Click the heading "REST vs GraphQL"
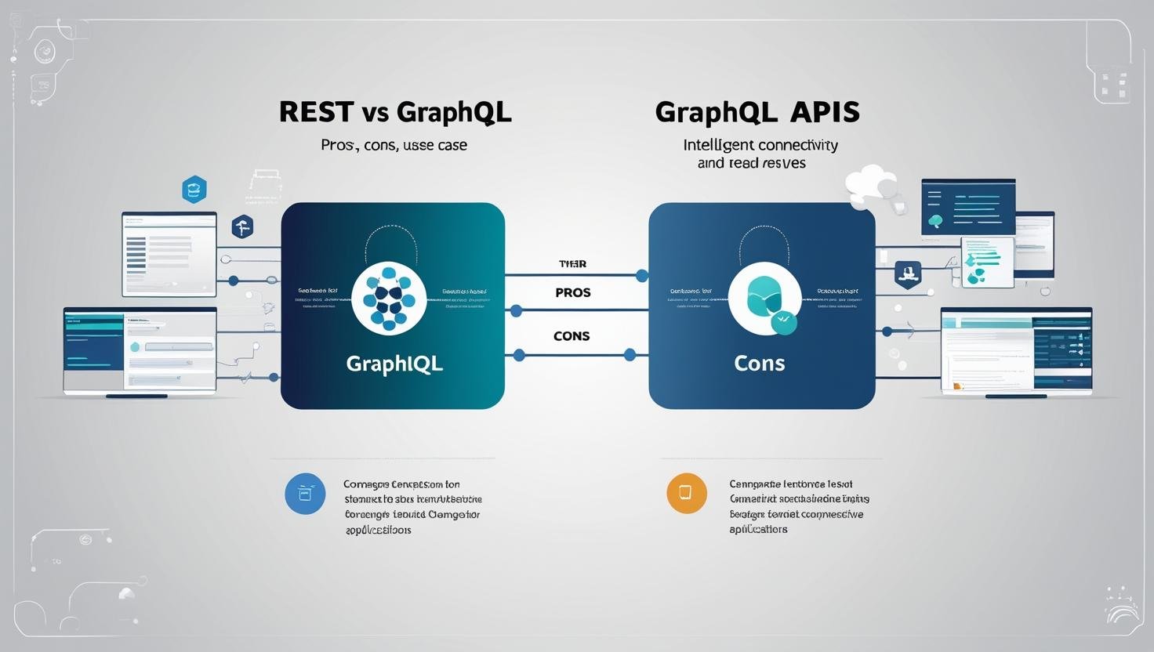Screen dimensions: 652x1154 click(395, 112)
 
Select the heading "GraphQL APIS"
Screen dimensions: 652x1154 click(757, 112)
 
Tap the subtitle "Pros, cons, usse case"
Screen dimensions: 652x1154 click(394, 145)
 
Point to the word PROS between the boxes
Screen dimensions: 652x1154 click(572, 292)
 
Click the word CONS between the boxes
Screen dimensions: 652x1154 click(572, 335)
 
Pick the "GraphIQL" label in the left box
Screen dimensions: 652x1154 click(394, 364)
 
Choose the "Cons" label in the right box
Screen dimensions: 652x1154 click(760, 363)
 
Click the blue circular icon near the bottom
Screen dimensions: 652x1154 click(305, 494)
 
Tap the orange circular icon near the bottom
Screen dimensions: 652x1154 click(686, 493)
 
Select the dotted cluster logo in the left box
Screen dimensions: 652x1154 click(389, 299)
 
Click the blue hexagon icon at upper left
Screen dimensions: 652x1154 click(194, 189)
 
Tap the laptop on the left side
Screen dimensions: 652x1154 click(140, 351)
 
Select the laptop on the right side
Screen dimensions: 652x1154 click(1016, 352)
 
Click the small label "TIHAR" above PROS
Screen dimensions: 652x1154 click(572, 264)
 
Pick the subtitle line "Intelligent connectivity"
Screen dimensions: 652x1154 click(760, 145)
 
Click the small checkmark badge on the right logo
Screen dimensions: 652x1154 click(783, 321)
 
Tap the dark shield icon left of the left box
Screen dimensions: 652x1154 click(242, 226)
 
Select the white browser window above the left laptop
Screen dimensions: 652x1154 click(169, 254)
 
